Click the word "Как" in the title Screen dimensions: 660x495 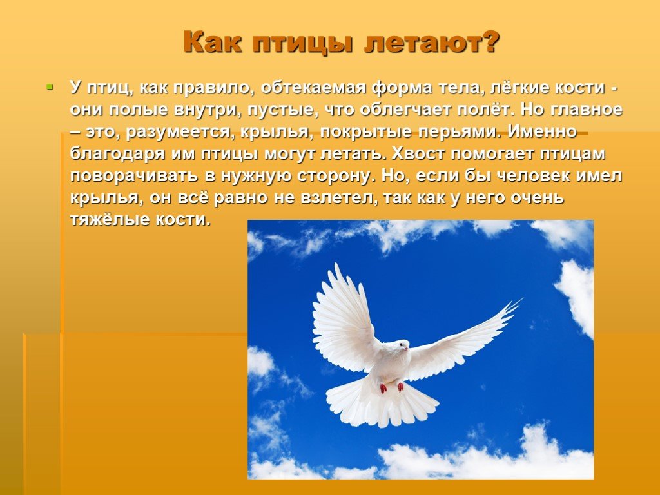(x=213, y=42)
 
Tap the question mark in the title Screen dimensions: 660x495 (x=490, y=42)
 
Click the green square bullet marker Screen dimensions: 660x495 (x=50, y=88)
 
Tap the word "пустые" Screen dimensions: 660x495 (x=280, y=110)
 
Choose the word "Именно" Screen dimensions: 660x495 (x=542, y=131)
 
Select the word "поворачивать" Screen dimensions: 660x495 (x=134, y=176)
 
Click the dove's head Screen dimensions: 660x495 (x=398, y=345)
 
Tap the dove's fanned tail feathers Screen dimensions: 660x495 (x=382, y=402)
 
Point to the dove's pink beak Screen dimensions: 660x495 (x=407, y=347)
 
